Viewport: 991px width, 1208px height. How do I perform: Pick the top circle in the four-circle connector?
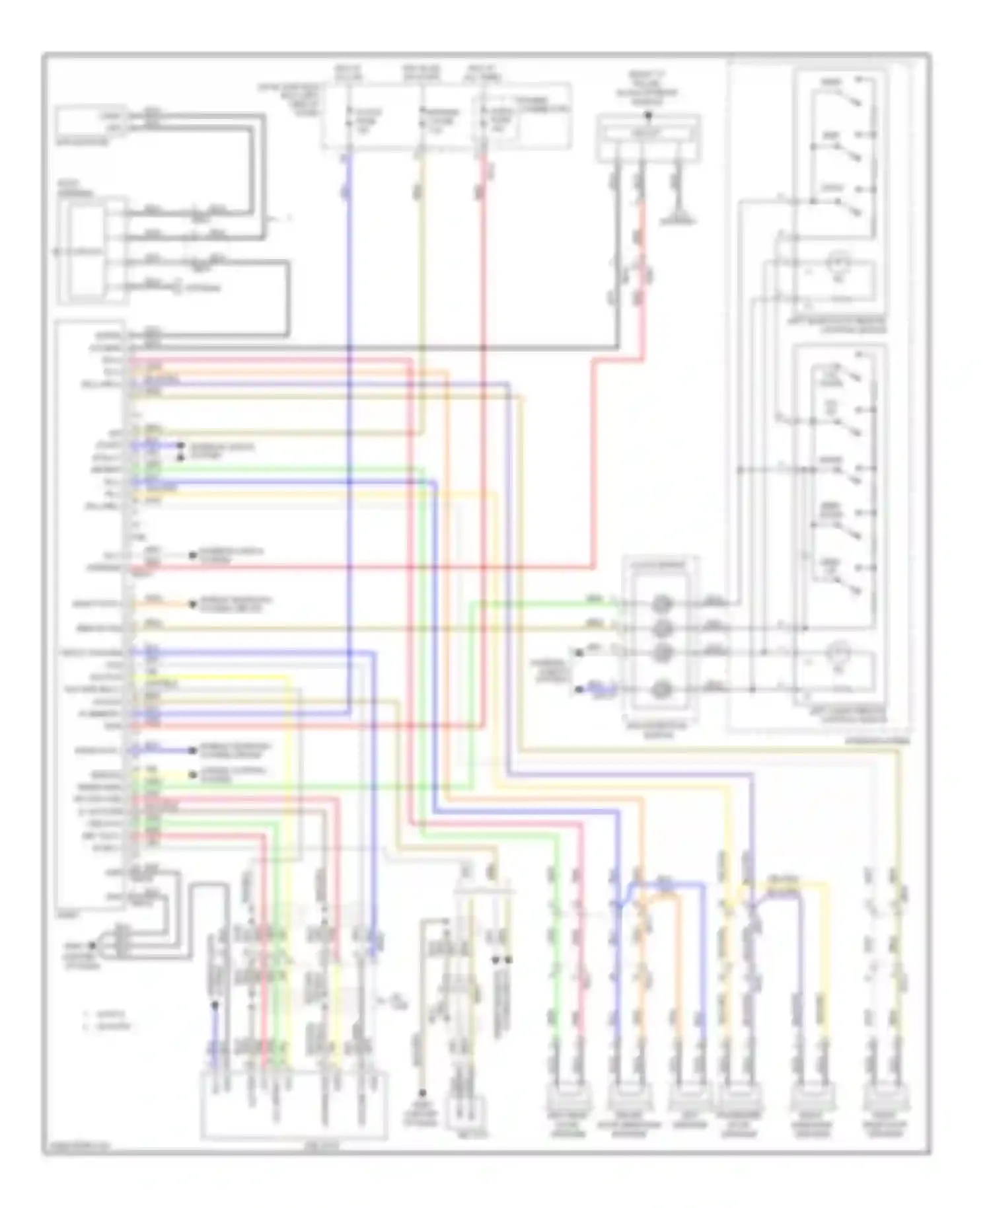tap(662, 603)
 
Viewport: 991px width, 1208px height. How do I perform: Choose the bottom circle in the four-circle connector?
tap(662, 690)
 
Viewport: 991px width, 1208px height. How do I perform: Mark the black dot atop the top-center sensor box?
tap(648, 116)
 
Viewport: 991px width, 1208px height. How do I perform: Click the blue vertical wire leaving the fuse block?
tap(348, 264)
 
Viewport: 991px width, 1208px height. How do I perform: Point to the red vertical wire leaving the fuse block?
tap(484, 264)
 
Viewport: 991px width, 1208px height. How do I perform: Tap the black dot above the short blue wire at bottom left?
tap(215, 1006)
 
